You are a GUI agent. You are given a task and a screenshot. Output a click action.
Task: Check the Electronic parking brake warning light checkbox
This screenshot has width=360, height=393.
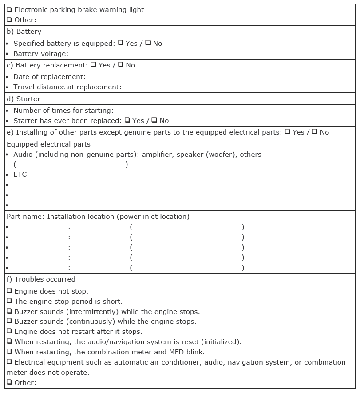[x=9, y=9]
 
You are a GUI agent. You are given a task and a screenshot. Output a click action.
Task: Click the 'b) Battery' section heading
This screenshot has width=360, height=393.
[x=24, y=32]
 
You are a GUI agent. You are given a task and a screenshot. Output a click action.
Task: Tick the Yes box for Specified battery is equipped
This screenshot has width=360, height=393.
[x=120, y=43]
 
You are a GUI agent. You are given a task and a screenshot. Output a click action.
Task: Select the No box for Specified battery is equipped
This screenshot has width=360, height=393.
[x=148, y=43]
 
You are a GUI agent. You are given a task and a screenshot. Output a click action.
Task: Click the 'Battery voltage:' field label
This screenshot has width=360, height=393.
[x=40, y=54]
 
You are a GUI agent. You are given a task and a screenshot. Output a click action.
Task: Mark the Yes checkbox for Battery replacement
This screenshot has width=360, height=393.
[x=93, y=65]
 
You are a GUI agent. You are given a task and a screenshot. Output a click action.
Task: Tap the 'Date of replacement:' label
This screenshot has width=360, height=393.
[x=49, y=77]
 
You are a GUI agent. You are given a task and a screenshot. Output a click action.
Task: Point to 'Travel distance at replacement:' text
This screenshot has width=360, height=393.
[x=67, y=87]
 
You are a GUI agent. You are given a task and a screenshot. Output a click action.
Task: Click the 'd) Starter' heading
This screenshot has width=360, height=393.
[x=24, y=99]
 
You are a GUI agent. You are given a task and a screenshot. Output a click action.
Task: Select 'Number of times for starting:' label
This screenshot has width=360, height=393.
[x=63, y=110]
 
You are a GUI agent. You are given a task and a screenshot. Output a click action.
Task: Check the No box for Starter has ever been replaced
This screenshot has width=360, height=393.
[x=154, y=120]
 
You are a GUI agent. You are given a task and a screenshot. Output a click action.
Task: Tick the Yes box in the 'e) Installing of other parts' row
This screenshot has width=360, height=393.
[x=288, y=132]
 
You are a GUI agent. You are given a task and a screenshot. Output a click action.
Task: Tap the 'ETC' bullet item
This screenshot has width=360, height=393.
[x=20, y=175]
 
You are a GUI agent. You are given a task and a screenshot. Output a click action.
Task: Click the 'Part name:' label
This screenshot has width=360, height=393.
[x=25, y=217]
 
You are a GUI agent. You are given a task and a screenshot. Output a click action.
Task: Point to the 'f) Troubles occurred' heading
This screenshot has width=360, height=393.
[x=41, y=279]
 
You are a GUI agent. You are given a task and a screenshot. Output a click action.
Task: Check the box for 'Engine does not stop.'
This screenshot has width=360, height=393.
[x=9, y=291]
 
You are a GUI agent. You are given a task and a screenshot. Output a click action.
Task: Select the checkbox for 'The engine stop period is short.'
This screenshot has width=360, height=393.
[x=9, y=302]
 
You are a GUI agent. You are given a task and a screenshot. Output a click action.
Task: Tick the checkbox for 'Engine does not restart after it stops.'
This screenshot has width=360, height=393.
[x=9, y=332]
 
